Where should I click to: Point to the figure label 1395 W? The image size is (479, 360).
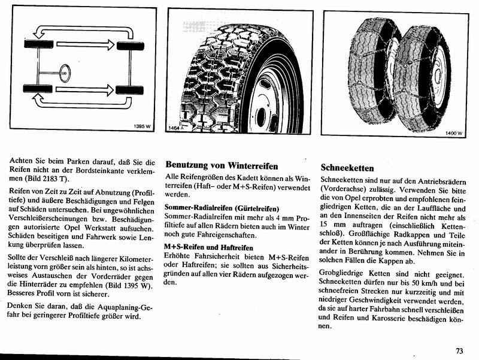[x=144, y=126]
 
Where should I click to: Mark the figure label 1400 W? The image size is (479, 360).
[x=454, y=133]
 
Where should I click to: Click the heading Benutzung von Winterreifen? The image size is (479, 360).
[x=222, y=165]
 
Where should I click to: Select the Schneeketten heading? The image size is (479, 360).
[x=347, y=168]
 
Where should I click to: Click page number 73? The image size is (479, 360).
[x=459, y=350]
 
